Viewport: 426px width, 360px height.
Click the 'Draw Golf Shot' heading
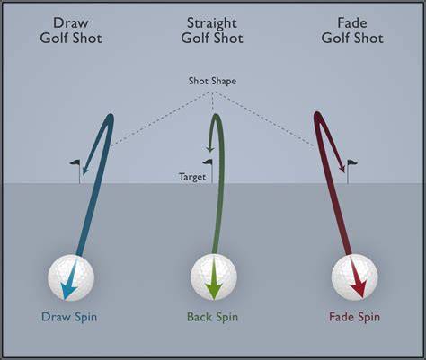coord(71,31)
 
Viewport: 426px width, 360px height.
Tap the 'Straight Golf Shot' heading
coord(212,31)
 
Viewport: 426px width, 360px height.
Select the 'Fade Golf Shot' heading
coord(352,31)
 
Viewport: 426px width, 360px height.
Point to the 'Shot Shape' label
coord(212,81)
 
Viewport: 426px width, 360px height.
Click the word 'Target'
coord(192,177)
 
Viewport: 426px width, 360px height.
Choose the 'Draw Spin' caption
coord(69,317)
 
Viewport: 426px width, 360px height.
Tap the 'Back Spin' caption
coord(212,317)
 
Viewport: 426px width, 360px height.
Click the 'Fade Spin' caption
coord(355,317)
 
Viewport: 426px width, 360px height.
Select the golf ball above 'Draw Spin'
coord(71,277)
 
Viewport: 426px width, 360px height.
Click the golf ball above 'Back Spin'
coord(214,277)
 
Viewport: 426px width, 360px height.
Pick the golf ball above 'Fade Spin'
coord(355,277)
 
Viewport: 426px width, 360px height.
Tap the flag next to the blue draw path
coord(77,171)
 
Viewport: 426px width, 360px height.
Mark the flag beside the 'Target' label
coord(209,171)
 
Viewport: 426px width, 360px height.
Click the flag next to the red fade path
coord(351,171)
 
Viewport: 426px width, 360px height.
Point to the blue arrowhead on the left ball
coord(68,291)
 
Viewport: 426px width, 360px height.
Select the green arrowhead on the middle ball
coord(214,291)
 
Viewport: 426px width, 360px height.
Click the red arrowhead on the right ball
coord(359,290)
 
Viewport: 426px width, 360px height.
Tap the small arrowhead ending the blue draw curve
coord(85,171)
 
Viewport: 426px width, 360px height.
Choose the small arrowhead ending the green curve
coord(209,149)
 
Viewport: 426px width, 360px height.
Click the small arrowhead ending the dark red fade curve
coord(342,168)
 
